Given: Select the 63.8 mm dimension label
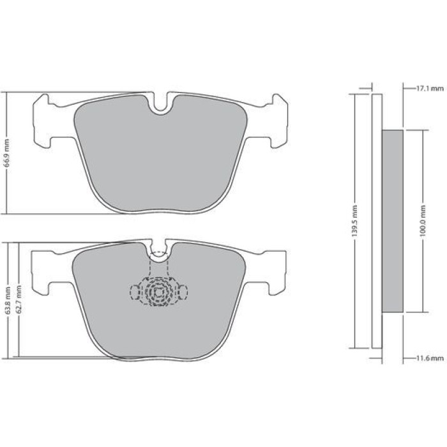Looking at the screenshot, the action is (x=8, y=301).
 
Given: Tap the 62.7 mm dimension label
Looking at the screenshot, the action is (x=19, y=299).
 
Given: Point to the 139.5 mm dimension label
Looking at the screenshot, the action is (x=354, y=221).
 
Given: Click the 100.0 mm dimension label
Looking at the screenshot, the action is (x=423, y=221).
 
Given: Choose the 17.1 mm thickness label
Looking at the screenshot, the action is (x=430, y=89).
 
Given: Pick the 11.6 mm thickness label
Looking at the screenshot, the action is (x=430, y=358).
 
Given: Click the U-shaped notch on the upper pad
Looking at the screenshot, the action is (x=161, y=106).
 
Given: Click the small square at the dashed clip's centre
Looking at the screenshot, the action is (x=158, y=292).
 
